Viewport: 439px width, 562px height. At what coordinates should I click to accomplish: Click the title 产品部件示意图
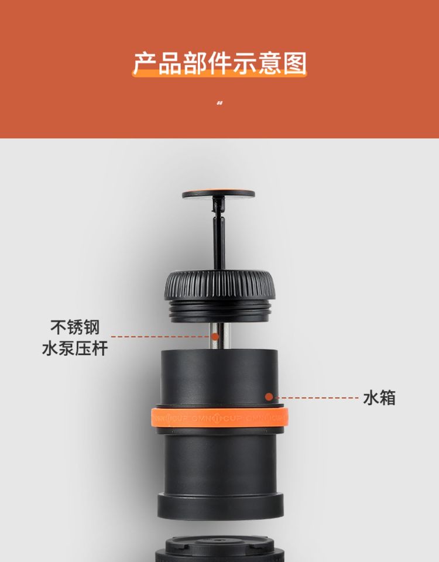click(220, 63)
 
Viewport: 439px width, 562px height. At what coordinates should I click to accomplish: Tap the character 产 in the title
click(145, 63)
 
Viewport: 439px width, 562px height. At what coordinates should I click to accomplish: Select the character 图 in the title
click(295, 63)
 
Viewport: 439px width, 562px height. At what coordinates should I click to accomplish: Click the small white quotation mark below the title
click(220, 103)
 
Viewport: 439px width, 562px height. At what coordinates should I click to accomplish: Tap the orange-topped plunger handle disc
click(218, 194)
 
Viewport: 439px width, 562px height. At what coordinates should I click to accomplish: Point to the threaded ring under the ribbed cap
click(220, 311)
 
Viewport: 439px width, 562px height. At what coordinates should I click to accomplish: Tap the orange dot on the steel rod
click(215, 337)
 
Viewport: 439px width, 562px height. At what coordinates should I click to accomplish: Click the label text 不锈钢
click(75, 327)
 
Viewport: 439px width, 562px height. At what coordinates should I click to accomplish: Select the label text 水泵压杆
click(75, 348)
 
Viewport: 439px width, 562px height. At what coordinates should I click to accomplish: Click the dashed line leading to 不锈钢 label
click(161, 337)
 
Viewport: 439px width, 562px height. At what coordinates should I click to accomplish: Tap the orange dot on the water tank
click(269, 397)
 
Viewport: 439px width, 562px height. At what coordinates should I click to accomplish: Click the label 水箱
click(379, 398)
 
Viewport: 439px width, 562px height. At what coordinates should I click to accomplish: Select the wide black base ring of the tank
click(221, 506)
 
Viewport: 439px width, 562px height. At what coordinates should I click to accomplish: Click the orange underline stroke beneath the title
click(220, 73)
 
